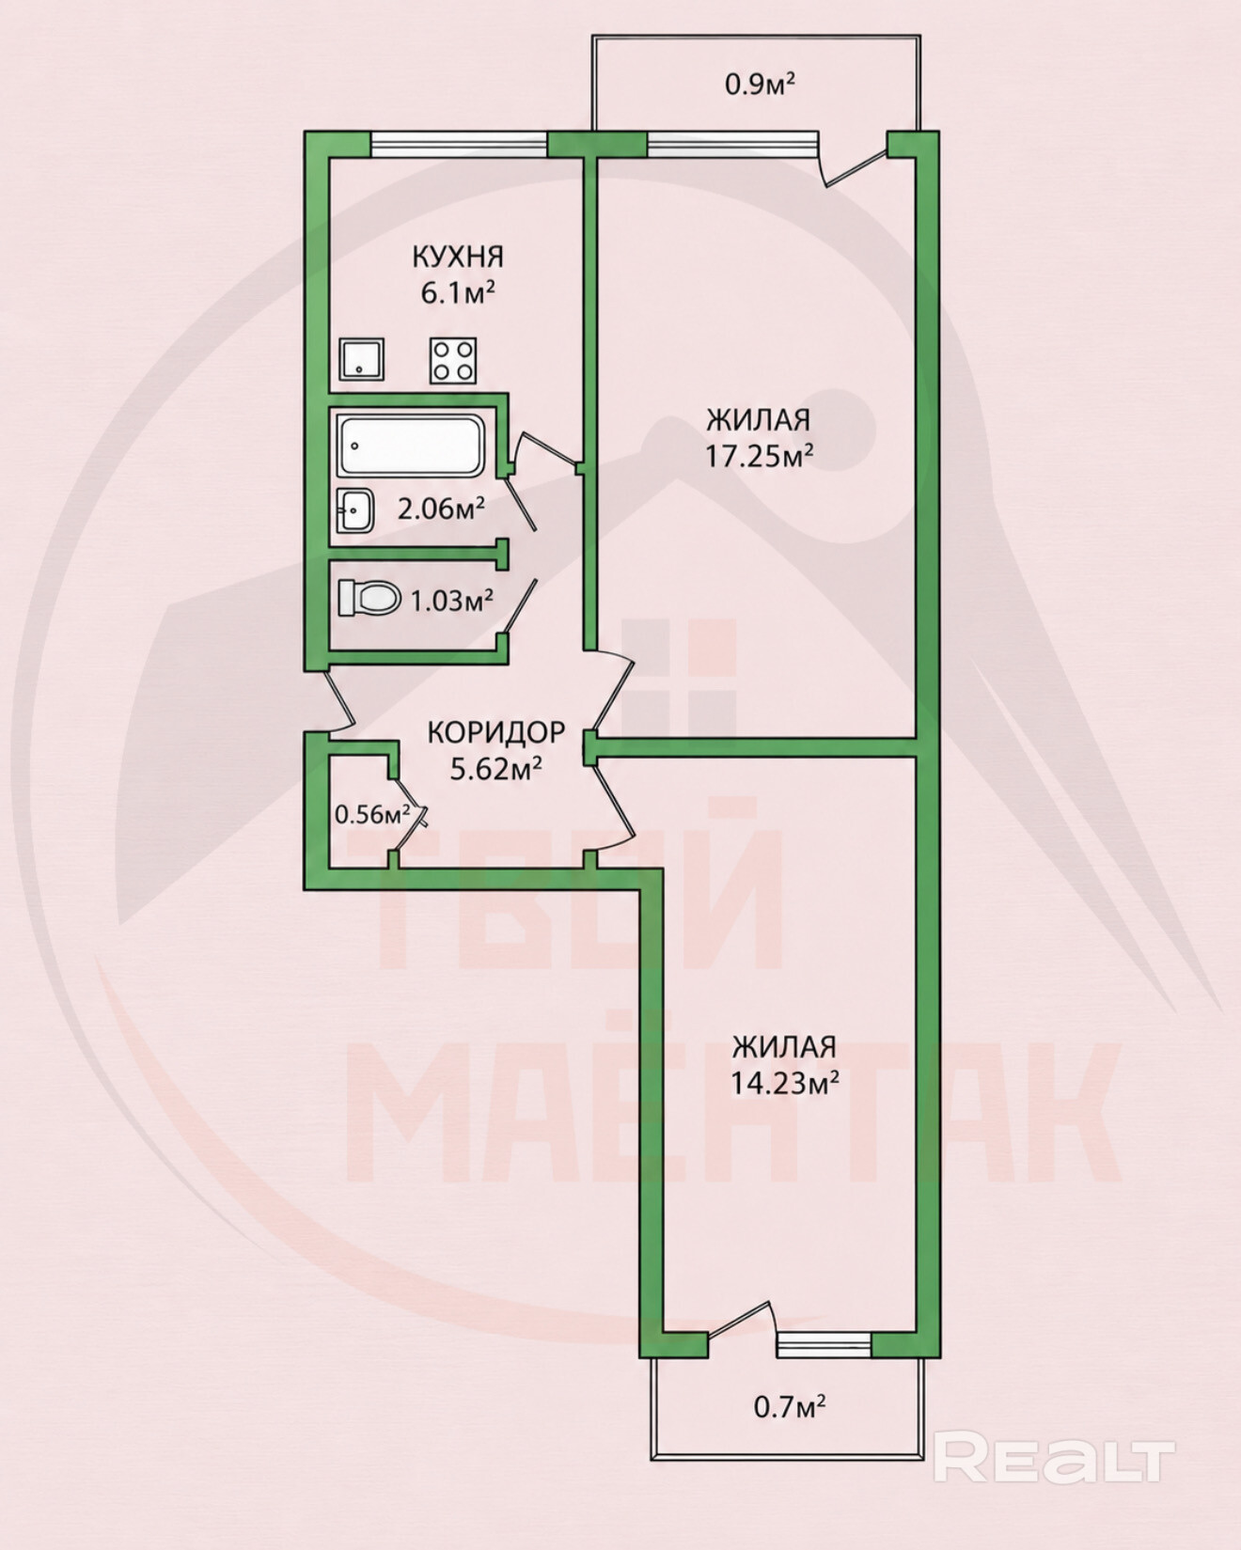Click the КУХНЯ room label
tap(458, 256)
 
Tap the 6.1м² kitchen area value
tap(458, 292)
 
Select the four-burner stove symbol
tap(453, 360)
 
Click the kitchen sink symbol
tap(362, 359)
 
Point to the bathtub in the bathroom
tap(412, 446)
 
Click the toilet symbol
tap(369, 598)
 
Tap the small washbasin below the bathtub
tap(355, 510)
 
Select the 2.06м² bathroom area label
tap(441, 509)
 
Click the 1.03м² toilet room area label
tap(452, 600)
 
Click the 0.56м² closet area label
tap(373, 814)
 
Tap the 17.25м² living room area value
tap(760, 456)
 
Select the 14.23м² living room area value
tap(785, 1083)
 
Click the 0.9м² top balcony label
tap(760, 85)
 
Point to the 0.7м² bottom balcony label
tap(790, 1406)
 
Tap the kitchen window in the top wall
tap(459, 144)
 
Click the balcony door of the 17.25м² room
tap(853, 160)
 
